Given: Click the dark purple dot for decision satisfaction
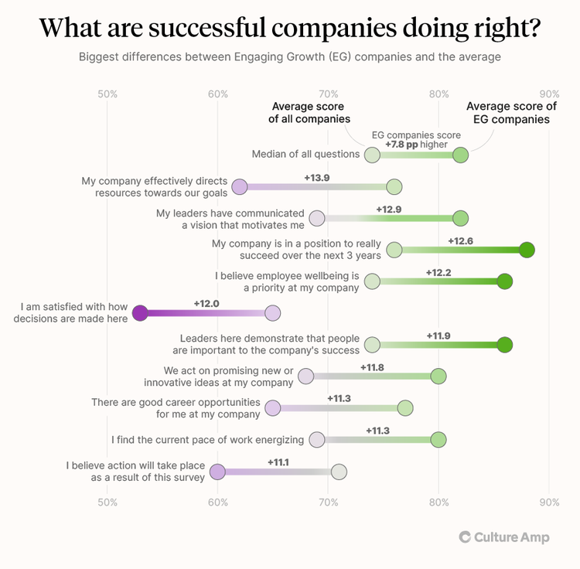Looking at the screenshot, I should (140, 313).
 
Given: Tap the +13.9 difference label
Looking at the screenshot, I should (317, 177).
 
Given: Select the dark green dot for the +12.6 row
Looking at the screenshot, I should (527, 250).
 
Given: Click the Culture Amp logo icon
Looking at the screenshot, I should (465, 537).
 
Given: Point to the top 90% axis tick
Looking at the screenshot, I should (549, 94).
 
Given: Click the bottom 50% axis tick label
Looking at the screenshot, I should (107, 502).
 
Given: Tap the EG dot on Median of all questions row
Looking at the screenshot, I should (460, 155).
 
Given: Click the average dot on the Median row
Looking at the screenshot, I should (372, 155).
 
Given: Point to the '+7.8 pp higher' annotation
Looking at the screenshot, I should (416, 145).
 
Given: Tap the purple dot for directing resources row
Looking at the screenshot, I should (240, 186).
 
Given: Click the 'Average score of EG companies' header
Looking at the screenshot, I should (511, 113).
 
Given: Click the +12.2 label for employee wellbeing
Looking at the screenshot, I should (438, 272).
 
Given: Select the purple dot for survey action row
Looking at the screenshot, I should (217, 472).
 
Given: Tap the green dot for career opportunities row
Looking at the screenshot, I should (404, 408).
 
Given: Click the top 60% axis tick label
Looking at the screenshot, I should (218, 94).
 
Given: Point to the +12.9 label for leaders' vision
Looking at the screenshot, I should (389, 209).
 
